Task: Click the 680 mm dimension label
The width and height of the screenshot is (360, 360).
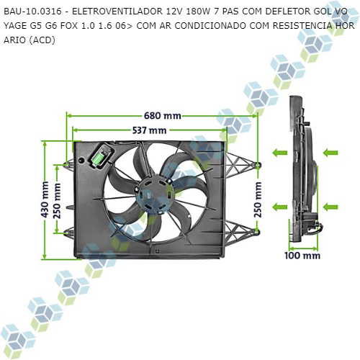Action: coord(163,116)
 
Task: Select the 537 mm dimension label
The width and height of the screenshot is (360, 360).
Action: coord(149,130)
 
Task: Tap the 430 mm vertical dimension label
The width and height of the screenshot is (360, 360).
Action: coord(45,199)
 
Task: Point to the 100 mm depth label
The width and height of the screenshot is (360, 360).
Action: coord(302,256)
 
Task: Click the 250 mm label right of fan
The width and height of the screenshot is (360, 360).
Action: coord(258,199)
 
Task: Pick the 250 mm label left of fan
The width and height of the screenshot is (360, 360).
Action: coord(57,201)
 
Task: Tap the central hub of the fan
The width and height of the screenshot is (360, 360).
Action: coord(153,194)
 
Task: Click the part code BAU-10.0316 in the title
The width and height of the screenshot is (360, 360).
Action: coord(32,12)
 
